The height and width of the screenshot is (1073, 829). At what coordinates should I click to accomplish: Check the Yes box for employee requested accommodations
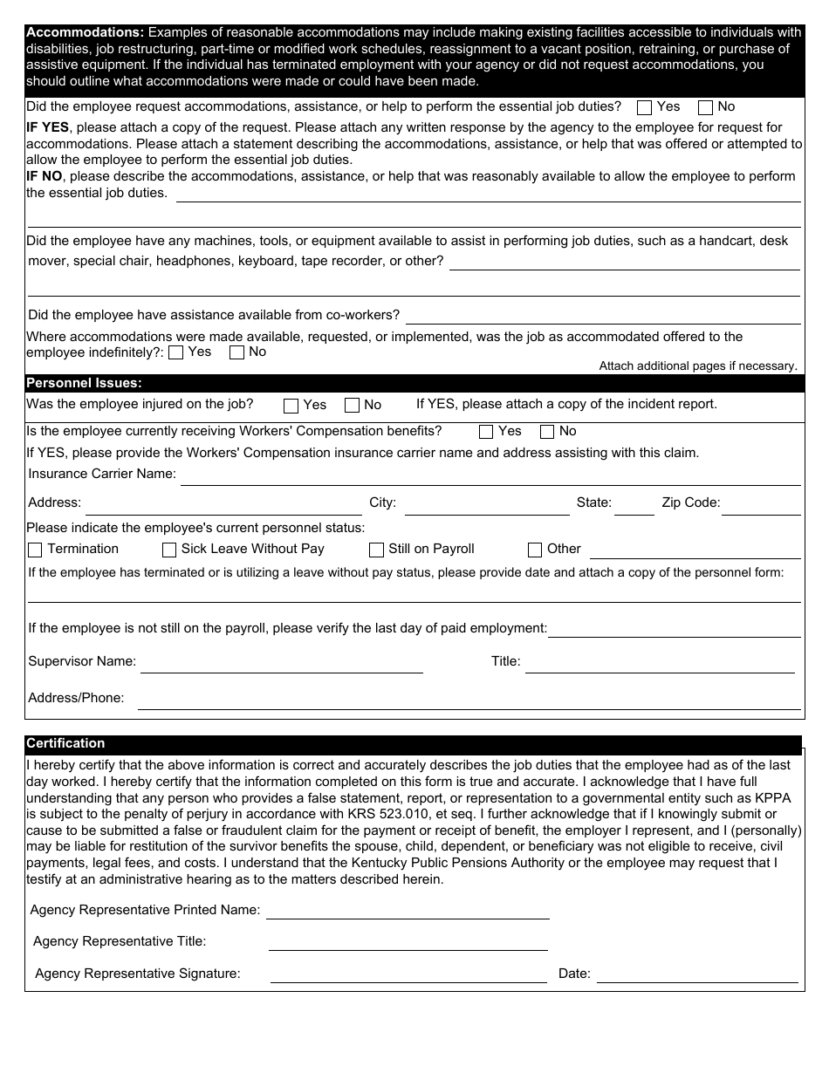click(x=645, y=108)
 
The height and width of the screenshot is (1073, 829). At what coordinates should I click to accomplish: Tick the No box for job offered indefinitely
click(x=236, y=353)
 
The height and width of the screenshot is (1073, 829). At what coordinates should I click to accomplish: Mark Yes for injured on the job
click(x=291, y=406)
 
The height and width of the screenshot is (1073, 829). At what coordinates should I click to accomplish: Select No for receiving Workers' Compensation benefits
click(x=547, y=432)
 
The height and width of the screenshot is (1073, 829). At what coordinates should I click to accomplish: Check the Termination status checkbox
click(x=36, y=550)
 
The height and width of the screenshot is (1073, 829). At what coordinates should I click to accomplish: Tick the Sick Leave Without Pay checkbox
click(x=169, y=550)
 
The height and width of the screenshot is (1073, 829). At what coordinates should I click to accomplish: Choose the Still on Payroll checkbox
click(x=376, y=550)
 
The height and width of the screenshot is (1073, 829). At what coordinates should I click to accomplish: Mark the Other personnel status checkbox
click(x=535, y=550)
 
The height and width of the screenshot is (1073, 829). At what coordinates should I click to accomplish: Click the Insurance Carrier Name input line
click(x=490, y=476)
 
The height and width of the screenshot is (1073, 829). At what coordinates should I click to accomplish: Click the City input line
click(x=486, y=506)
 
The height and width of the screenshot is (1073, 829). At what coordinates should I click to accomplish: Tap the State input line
click(x=634, y=506)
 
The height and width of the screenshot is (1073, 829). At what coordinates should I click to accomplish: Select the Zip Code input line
click(x=761, y=506)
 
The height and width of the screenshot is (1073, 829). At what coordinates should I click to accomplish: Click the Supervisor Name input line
click(x=281, y=664)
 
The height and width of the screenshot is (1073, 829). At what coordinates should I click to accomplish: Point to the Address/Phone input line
click(x=469, y=700)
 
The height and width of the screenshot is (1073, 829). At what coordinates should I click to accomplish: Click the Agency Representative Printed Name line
click(x=408, y=911)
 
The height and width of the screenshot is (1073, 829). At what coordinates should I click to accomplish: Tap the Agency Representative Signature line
click(x=408, y=974)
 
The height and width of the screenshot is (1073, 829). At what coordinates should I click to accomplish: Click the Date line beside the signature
click(x=696, y=974)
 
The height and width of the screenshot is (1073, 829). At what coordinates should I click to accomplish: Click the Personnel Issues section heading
click(x=84, y=383)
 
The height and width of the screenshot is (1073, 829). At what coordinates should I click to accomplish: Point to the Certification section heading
click(x=65, y=743)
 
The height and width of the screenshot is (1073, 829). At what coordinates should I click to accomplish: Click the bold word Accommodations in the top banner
click(x=85, y=33)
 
